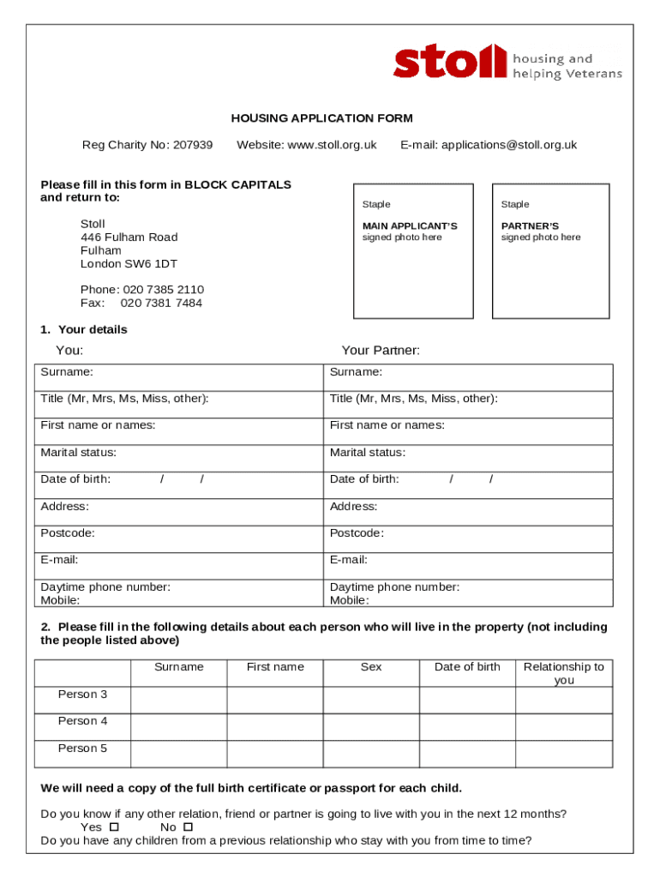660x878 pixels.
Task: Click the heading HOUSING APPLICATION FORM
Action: coord(321,118)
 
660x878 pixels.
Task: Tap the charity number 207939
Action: coord(193,145)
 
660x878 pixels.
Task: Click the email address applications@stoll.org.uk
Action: coord(509,145)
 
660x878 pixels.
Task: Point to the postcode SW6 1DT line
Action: coord(129,264)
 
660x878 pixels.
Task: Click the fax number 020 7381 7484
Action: coord(161,303)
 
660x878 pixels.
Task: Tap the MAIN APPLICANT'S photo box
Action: coord(413,250)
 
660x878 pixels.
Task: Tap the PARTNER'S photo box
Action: coord(550,250)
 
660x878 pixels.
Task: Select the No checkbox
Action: coord(189,827)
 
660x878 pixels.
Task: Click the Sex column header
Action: coord(371,667)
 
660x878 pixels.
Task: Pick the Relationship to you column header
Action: coord(563,673)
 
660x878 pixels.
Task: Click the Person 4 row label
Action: coord(82,721)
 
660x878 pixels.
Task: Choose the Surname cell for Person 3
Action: coord(178,700)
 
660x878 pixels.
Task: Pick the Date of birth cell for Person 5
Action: coord(466,753)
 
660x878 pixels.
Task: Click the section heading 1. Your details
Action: coord(83,330)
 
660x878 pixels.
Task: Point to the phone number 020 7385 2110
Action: coord(163,290)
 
